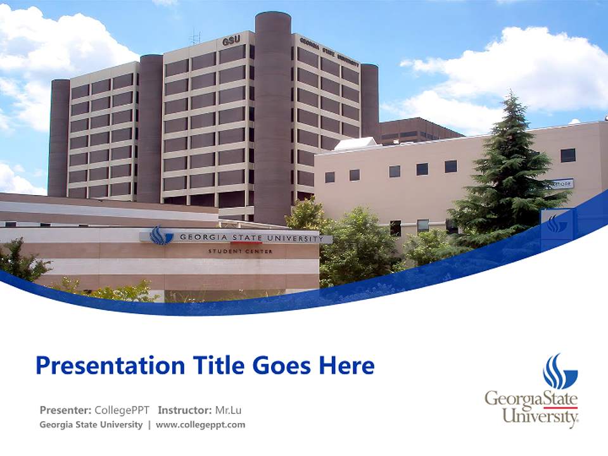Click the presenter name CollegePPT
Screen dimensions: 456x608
pos(122,410)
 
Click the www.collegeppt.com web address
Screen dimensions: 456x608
pos(200,425)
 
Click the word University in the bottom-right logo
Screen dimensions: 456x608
pos(540,417)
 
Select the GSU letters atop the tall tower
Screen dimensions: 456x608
pos(231,41)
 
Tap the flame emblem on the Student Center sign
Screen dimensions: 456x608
pos(161,236)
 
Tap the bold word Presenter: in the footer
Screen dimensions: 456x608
pos(65,410)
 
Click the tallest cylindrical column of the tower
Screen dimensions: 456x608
pos(273,114)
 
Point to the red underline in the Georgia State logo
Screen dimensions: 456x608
pos(560,407)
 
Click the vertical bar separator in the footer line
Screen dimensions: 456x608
pos(149,425)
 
